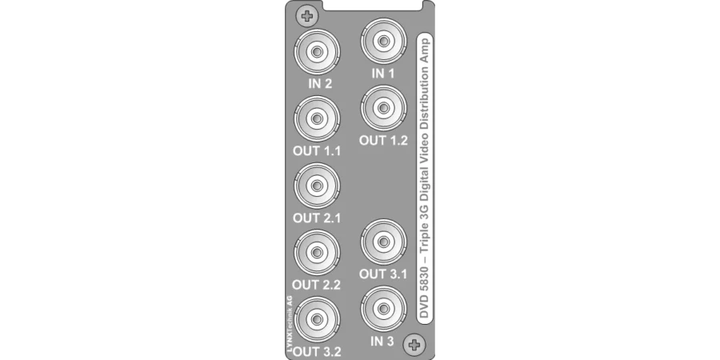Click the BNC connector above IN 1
pos(383,42)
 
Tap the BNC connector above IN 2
pos(316,52)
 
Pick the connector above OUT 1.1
pos(316,119)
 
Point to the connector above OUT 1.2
pos(383,108)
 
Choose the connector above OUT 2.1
pos(316,186)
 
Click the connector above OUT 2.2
pos(316,252)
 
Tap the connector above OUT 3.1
pos(383,242)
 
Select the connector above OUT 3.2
pos(316,318)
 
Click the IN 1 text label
pos(383,74)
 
